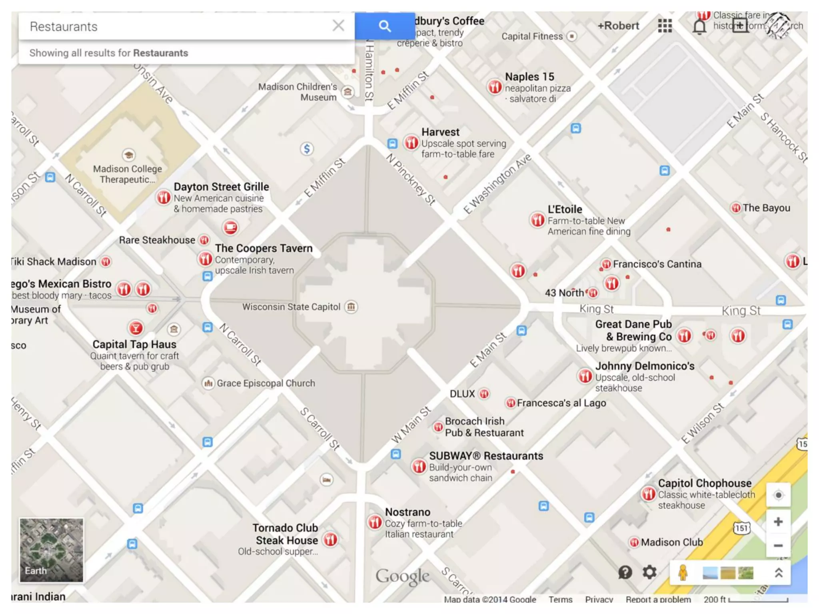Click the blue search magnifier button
(384, 26)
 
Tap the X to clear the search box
(338, 26)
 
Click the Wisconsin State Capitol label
(291, 307)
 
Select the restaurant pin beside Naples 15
(495, 87)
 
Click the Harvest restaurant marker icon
(411, 142)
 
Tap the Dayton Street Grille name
(221, 187)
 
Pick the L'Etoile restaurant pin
(537, 219)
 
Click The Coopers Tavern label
(264, 248)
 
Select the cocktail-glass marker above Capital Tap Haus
(136, 328)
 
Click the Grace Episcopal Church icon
(208, 383)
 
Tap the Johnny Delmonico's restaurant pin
(585, 376)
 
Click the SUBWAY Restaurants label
(486, 456)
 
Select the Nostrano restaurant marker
(375, 522)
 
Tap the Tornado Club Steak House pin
(330, 540)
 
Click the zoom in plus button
(778, 522)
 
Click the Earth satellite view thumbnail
(52, 550)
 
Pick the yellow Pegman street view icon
(683, 572)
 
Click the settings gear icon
(649, 572)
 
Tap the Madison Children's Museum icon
(348, 92)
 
